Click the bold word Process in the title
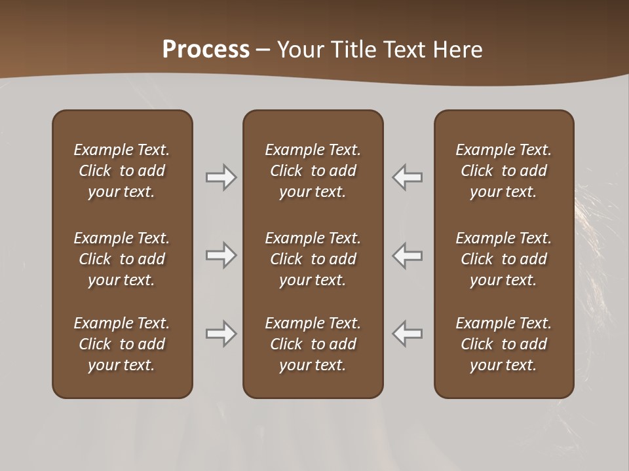206,50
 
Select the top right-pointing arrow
221,177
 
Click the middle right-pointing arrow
221,255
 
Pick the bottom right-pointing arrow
221,334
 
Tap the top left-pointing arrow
408,177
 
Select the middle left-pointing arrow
408,255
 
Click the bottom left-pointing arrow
408,334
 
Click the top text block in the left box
122,171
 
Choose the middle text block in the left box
122,259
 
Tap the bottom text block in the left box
122,344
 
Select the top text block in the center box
313,171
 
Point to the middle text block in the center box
313,259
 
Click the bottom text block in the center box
313,344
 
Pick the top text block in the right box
503,171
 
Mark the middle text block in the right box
503,259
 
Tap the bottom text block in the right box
503,344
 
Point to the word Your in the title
299,50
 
